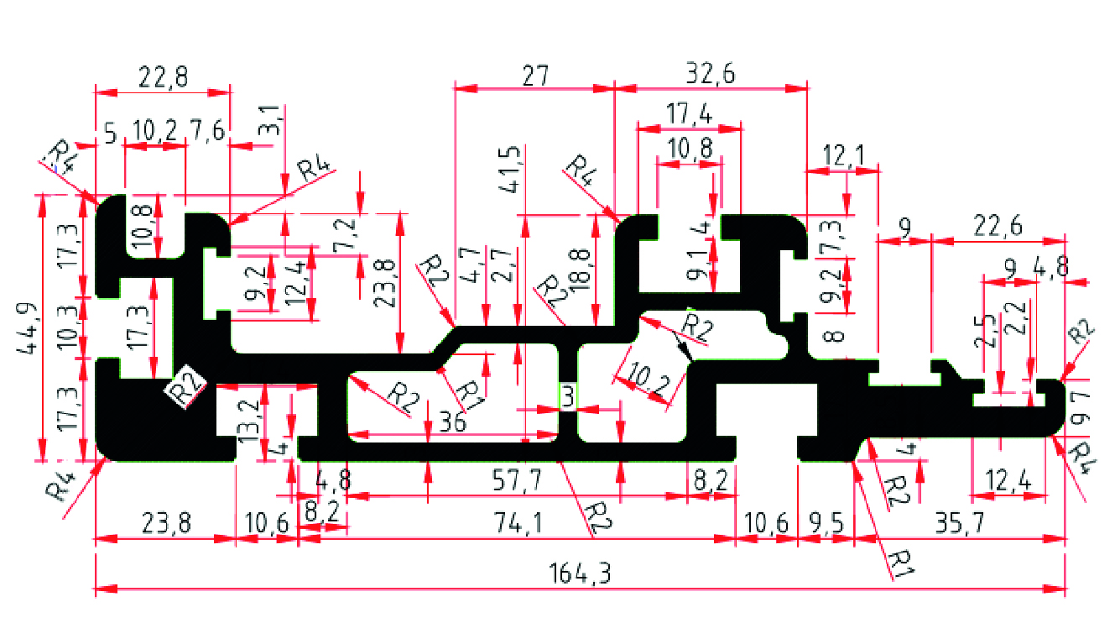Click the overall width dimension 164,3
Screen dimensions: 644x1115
(580, 575)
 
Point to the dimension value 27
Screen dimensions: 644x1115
(534, 76)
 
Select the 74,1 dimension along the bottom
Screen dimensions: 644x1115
(523, 523)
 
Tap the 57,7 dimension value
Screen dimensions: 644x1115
(523, 481)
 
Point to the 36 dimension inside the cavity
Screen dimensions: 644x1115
(453, 421)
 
